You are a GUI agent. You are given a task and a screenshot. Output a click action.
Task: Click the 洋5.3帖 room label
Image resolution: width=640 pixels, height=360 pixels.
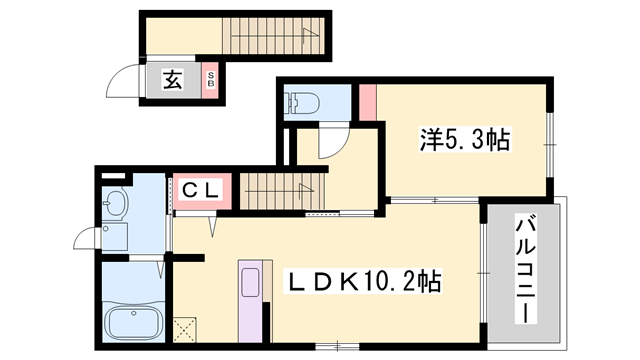pyautogui.click(x=462, y=142)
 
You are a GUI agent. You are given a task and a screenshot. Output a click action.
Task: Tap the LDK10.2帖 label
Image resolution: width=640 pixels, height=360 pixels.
pyautogui.click(x=364, y=281)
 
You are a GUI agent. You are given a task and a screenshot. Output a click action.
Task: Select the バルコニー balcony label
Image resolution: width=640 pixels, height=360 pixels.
pyautogui.click(x=522, y=267)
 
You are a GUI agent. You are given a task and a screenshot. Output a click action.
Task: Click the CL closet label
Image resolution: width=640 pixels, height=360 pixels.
pyautogui.click(x=203, y=188)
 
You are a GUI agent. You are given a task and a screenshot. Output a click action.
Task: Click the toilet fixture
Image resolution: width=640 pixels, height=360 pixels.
pyautogui.click(x=303, y=102)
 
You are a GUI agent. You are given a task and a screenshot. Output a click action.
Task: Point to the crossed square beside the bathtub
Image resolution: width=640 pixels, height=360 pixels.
pyautogui.click(x=184, y=327)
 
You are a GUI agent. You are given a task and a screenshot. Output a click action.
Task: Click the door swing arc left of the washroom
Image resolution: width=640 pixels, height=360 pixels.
pyautogui.click(x=88, y=240)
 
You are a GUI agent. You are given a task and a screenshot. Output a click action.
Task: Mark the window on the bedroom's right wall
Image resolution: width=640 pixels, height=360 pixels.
pyautogui.click(x=550, y=143)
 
